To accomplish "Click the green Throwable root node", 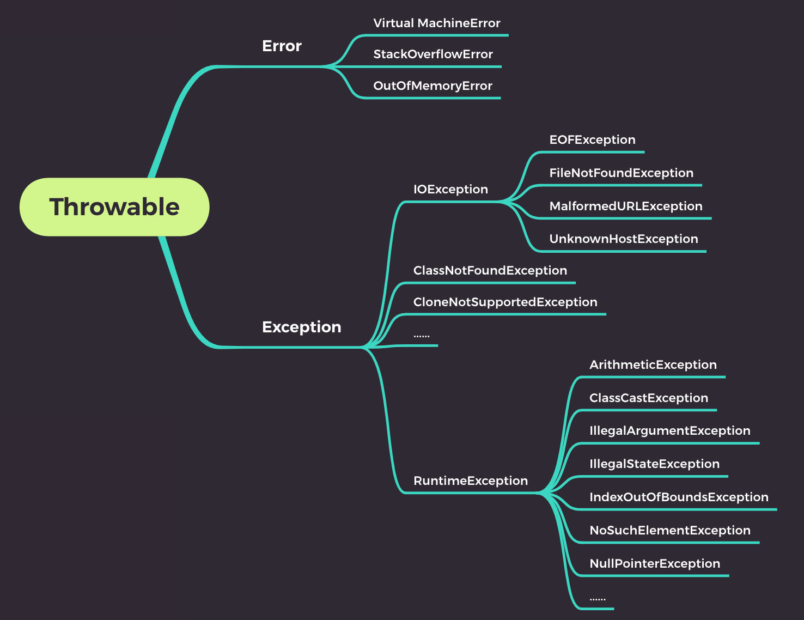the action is (x=114, y=207).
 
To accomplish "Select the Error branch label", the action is (x=282, y=46).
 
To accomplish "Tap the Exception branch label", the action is (x=302, y=327).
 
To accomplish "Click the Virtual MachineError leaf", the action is (x=437, y=23).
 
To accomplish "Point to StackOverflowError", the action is (x=433, y=54).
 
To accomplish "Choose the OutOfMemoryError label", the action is (x=433, y=86).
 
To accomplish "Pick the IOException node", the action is (x=450, y=190).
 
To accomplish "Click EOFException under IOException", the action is (x=592, y=140).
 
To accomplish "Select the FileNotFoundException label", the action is (x=621, y=173).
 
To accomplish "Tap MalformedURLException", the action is (x=626, y=206).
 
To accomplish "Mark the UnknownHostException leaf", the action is (x=624, y=239).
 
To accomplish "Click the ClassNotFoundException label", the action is (x=490, y=271).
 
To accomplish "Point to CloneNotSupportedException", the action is (x=505, y=302).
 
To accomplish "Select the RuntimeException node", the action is (x=471, y=481).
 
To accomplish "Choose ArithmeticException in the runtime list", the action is (x=653, y=365).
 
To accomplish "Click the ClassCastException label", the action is (x=649, y=398).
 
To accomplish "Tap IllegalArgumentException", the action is (x=669, y=431).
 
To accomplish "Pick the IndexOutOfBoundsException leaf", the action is (x=679, y=497).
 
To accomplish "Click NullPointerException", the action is (x=655, y=564).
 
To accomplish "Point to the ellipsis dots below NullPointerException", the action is (x=598, y=599).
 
